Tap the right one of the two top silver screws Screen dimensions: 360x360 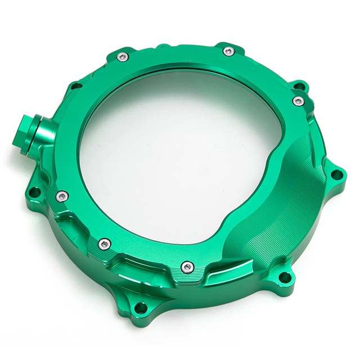tap(228, 51)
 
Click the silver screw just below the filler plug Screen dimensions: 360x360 tap(62, 196)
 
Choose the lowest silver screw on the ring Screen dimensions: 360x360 tap(188, 267)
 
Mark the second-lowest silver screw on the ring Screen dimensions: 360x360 tap(104, 244)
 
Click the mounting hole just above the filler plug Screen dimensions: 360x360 tap(76, 86)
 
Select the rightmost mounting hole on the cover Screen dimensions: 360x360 tap(336, 174)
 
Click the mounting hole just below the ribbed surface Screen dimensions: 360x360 tap(285, 277)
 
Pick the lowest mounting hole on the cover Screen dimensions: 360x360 tap(141, 308)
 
